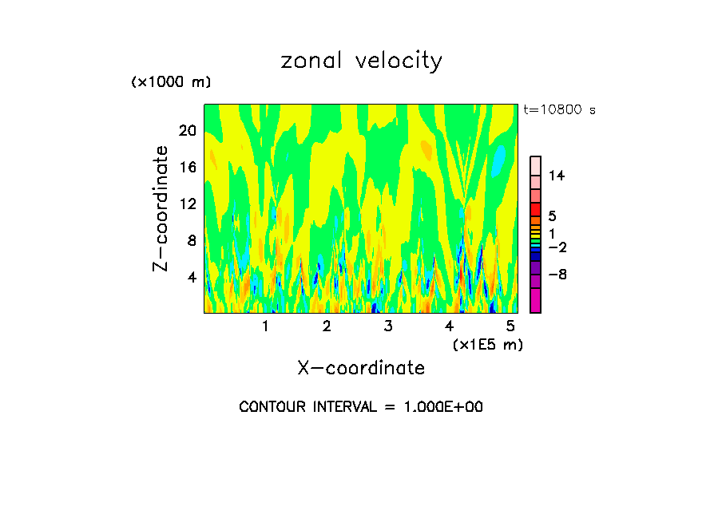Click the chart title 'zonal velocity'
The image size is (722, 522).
pos(361,61)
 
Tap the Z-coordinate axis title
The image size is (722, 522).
pos(161,208)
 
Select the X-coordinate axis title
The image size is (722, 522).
pos(361,368)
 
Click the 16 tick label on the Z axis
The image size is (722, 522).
pos(187,167)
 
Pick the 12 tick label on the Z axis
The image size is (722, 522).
pos(187,204)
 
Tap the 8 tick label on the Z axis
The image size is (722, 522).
pos(191,240)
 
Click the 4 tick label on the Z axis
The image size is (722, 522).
pos(191,277)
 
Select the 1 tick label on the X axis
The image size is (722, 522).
pos(265,326)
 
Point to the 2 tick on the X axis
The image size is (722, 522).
pos(327,326)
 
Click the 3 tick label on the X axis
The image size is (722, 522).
pos(387,326)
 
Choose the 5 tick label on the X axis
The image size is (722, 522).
pos(511,326)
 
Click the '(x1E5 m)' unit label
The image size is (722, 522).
pos(487,345)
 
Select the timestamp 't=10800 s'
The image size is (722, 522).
pos(559,110)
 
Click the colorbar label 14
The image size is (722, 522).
pos(557,176)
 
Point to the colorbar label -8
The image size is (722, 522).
pos(557,275)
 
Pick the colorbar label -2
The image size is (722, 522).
pos(557,247)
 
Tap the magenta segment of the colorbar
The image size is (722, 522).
pos(535,301)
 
